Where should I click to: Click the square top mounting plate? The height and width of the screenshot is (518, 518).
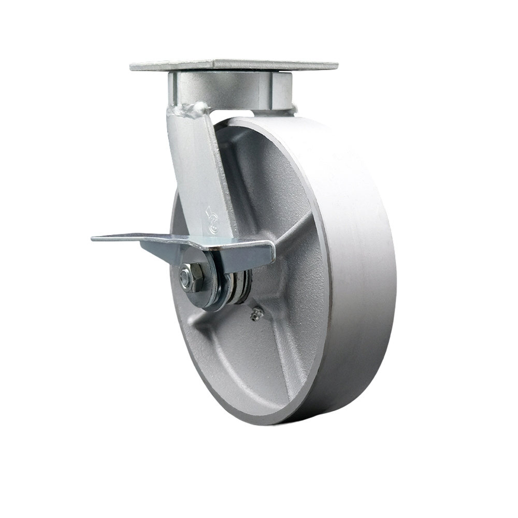(x=233, y=66)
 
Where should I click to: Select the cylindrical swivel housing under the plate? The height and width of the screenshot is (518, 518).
(x=228, y=90)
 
